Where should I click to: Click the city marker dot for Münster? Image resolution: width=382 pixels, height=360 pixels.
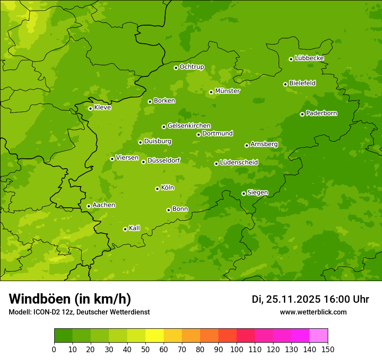pyautogui.click(x=211, y=92)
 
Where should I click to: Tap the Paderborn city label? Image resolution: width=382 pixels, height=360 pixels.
pyautogui.click(x=321, y=113)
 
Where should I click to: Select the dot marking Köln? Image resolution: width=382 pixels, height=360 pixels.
pyautogui.click(x=157, y=189)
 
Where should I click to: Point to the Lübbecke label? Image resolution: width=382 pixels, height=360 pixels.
pyautogui.click(x=309, y=58)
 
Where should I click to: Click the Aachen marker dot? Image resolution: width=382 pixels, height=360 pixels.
pyautogui.click(x=89, y=206)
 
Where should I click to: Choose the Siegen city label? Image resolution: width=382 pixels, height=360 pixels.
pyautogui.click(x=257, y=193)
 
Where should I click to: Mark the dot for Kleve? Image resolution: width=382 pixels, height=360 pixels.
pyautogui.click(x=90, y=108)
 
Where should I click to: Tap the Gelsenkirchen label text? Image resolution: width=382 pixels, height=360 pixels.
pyautogui.click(x=189, y=126)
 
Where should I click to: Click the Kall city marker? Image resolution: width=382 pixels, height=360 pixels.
pyautogui.click(x=125, y=229)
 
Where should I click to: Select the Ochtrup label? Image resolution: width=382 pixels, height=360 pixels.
pyautogui.click(x=191, y=67)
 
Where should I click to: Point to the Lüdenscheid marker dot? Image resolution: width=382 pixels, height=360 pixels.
pyautogui.click(x=216, y=164)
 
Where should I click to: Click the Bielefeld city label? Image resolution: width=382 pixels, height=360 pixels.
pyautogui.click(x=302, y=83)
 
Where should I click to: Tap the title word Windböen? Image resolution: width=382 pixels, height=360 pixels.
pyautogui.click(x=39, y=299)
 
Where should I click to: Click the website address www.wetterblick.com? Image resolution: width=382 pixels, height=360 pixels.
pyautogui.click(x=313, y=312)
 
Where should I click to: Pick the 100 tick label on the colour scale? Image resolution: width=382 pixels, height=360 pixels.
pyautogui.click(x=237, y=350)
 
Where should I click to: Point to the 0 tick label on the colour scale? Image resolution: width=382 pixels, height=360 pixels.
pyautogui.click(x=54, y=350)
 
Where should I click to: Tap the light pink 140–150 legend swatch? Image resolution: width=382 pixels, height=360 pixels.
pyautogui.click(x=319, y=336)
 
